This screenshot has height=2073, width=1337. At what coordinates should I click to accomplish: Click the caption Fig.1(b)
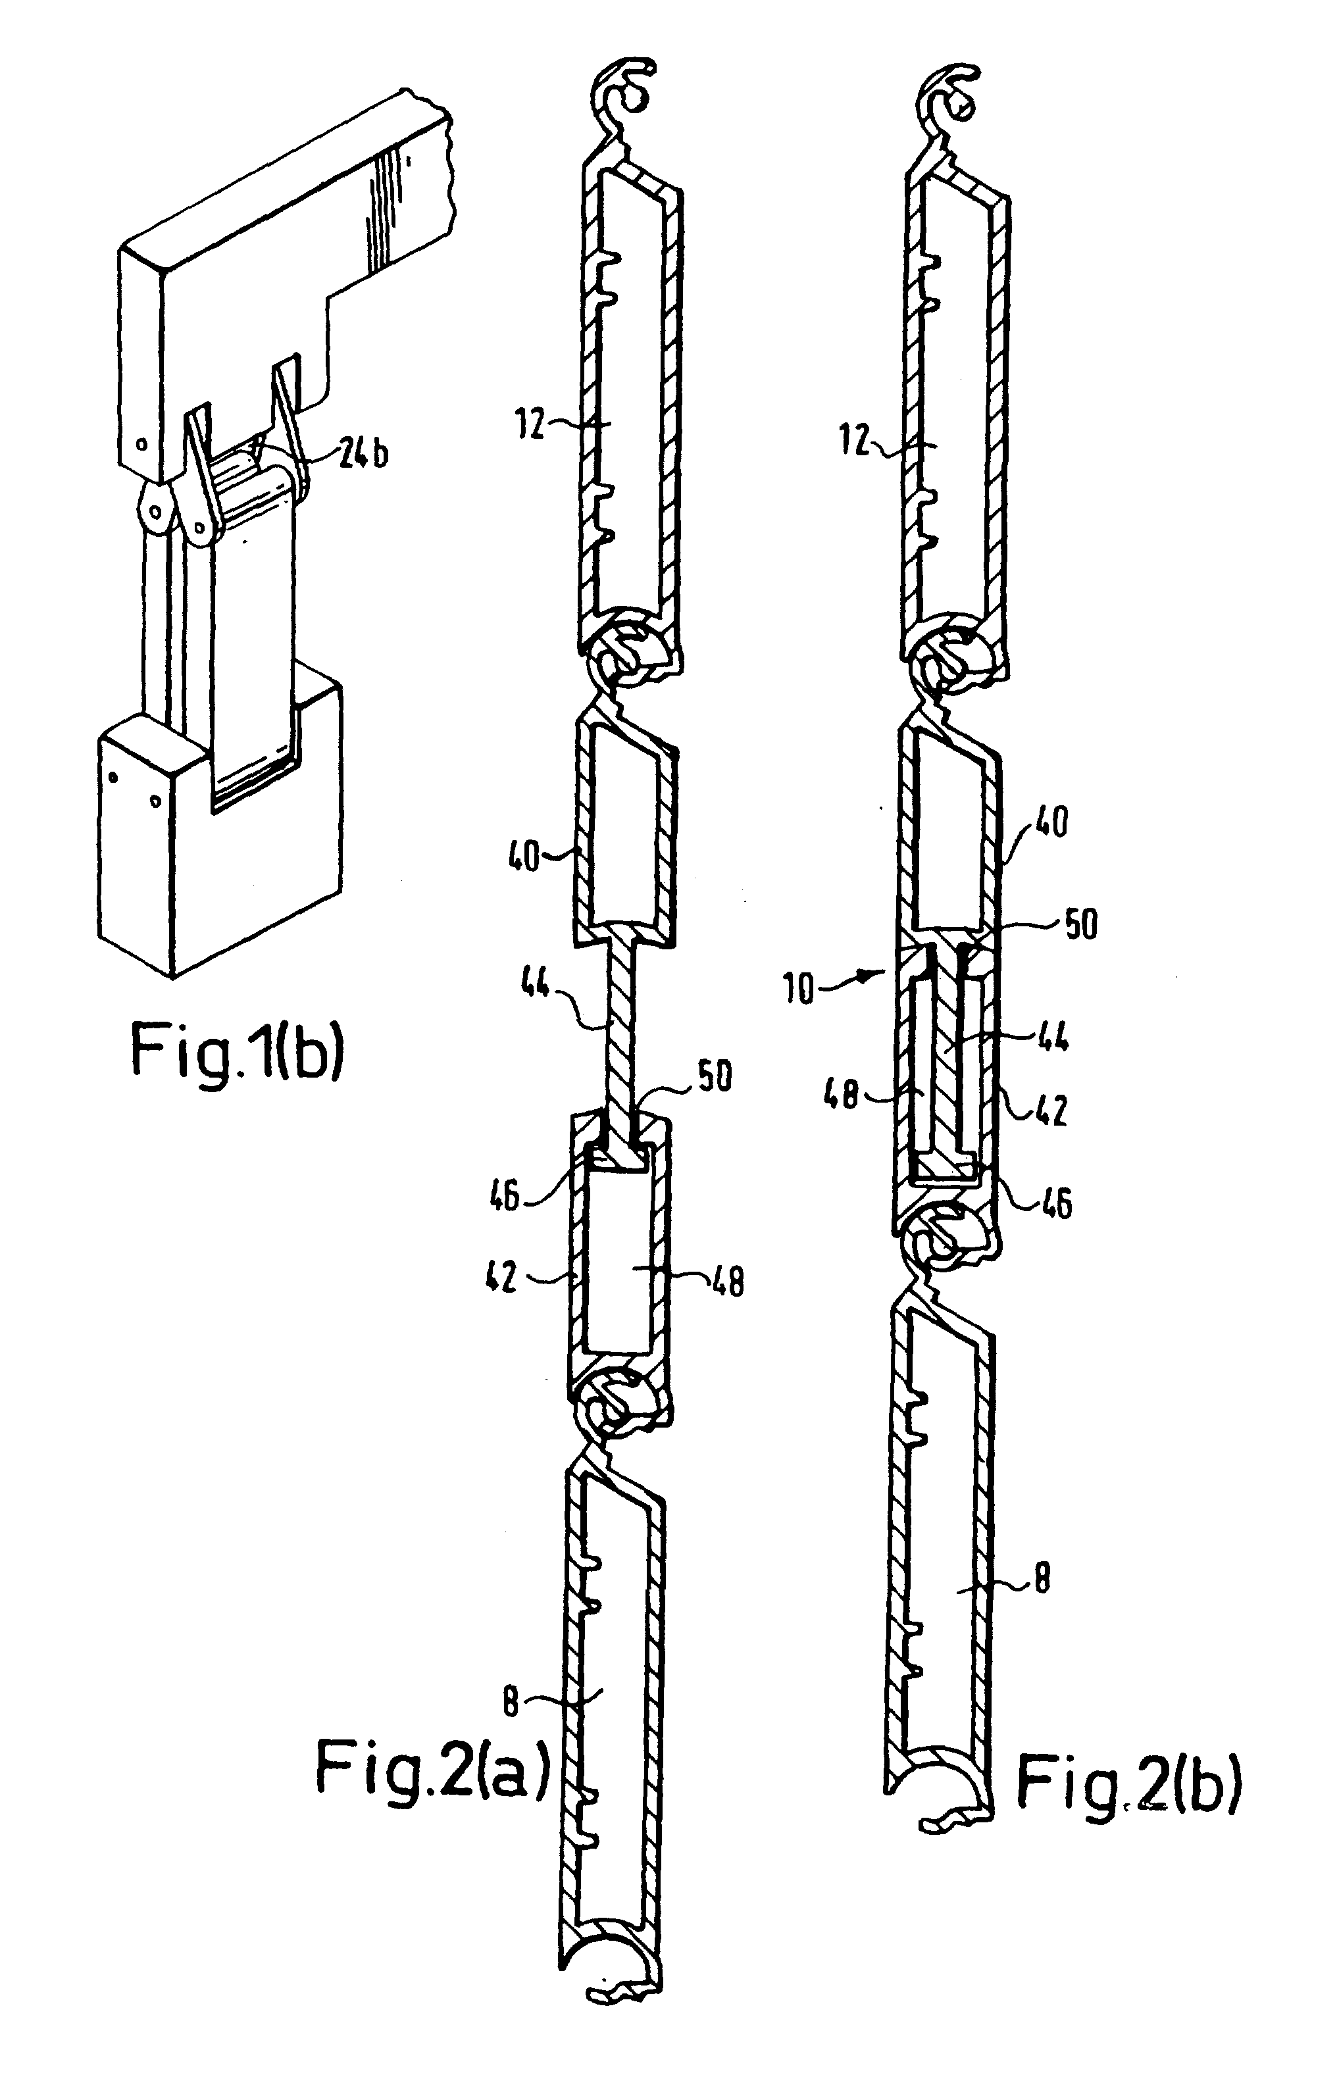pyautogui.click(x=237, y=1051)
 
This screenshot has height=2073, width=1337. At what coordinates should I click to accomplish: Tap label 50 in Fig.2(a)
pyautogui.click(x=714, y=1076)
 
